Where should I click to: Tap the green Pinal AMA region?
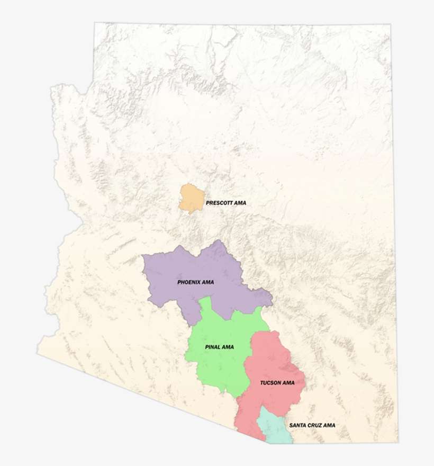(217, 365)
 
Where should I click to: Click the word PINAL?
(213, 347)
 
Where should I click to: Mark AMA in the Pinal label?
(228, 347)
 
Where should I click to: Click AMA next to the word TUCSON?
(289, 382)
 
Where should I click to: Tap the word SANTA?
(297, 425)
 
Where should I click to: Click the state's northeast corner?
(391, 24)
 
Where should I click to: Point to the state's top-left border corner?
(95, 23)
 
